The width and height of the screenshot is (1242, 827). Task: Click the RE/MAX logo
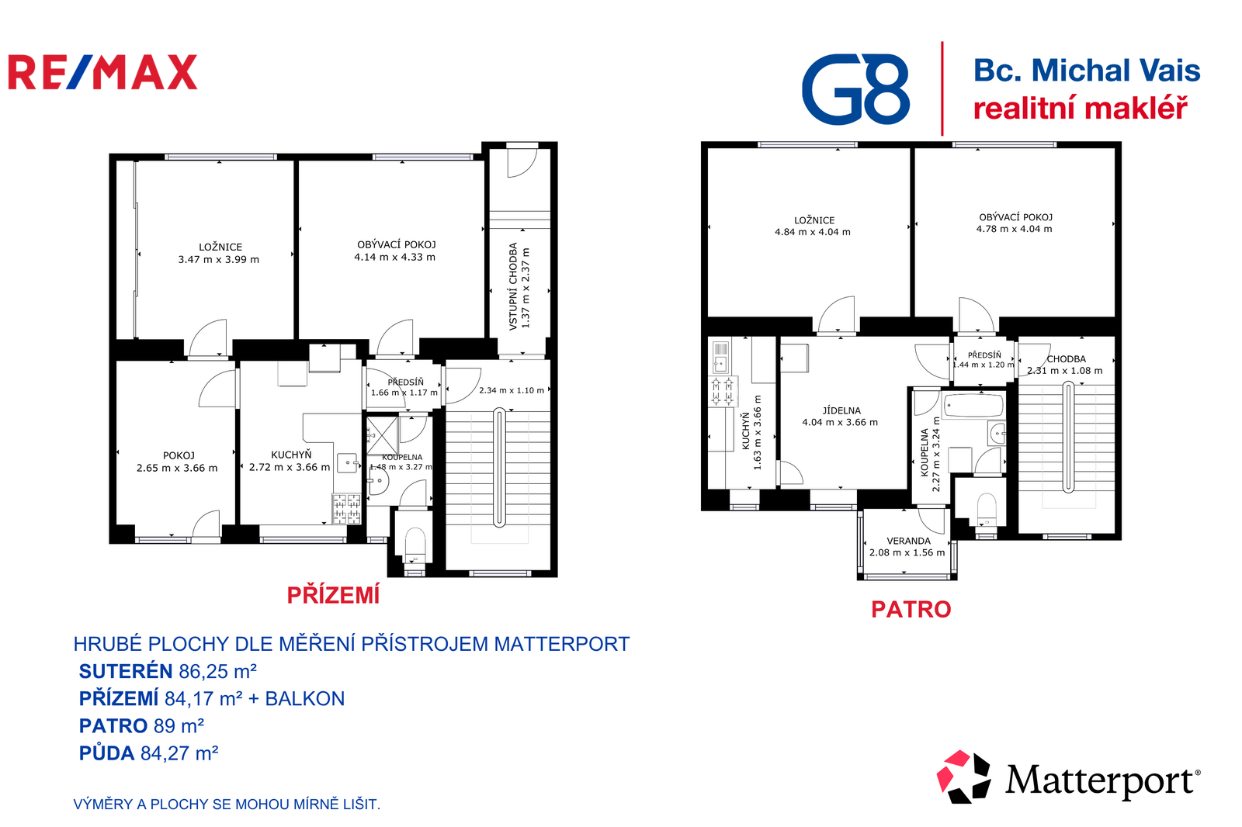click(102, 72)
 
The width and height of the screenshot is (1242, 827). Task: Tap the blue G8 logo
click(855, 88)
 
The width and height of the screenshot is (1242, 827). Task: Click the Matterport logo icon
click(963, 777)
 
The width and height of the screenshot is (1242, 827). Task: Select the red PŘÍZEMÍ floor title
click(333, 595)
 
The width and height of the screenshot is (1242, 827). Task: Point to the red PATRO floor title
click(911, 609)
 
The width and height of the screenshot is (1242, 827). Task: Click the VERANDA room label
click(908, 541)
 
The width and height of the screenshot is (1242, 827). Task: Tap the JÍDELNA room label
click(841, 410)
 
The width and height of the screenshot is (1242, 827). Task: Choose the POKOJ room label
click(179, 455)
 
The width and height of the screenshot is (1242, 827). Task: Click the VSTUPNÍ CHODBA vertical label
click(513, 286)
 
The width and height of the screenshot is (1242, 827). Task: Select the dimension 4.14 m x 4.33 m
click(395, 258)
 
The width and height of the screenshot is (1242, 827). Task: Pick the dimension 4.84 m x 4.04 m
click(812, 232)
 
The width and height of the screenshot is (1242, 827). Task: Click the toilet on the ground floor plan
click(415, 544)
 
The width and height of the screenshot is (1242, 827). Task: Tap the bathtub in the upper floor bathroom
click(973, 406)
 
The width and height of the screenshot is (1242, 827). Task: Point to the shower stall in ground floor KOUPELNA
click(382, 434)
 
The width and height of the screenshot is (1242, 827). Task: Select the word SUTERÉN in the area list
click(126, 671)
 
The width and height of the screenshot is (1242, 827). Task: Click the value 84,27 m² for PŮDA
click(179, 753)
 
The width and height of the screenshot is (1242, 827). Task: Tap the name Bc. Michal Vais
click(1087, 71)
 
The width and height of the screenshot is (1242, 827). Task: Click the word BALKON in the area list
click(305, 698)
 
